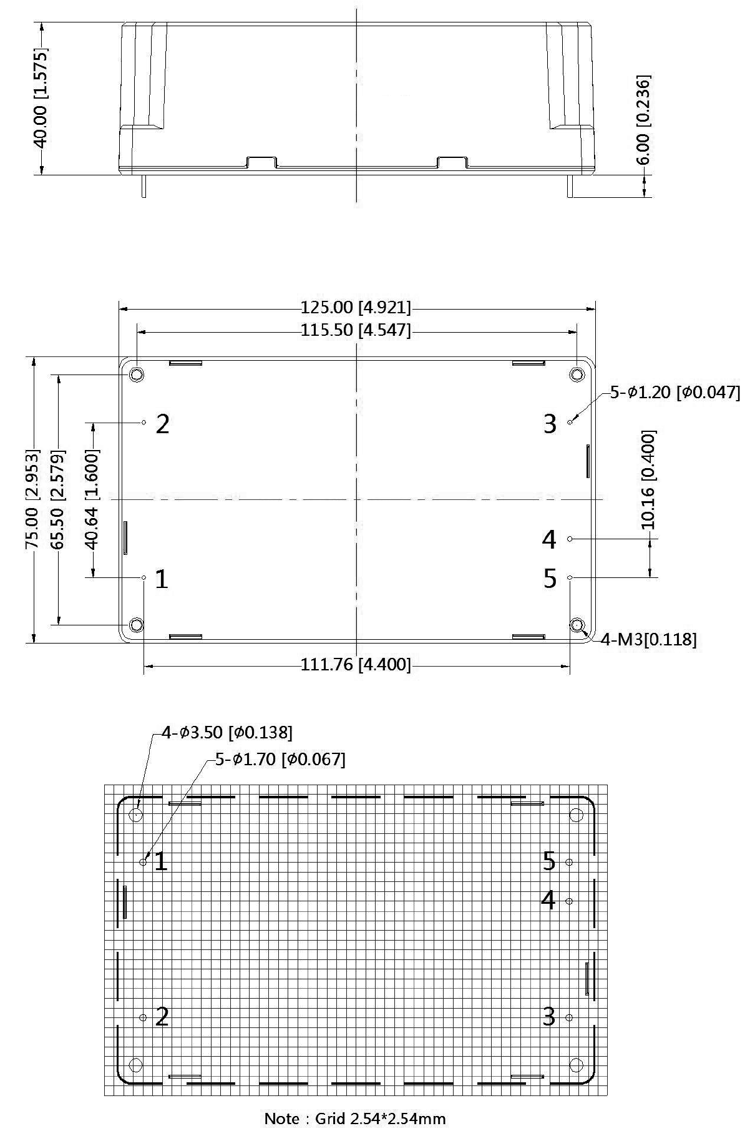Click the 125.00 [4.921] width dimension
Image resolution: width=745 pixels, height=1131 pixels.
(356, 308)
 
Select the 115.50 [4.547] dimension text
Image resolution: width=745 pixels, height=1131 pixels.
(356, 330)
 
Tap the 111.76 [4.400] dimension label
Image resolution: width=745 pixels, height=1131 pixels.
(356, 665)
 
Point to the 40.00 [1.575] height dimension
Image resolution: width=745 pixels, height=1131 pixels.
(41, 99)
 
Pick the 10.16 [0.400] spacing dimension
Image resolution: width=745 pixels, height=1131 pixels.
(649, 479)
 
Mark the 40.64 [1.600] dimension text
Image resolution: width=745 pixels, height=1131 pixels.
(92, 499)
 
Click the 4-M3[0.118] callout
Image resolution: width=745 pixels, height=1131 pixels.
(648, 639)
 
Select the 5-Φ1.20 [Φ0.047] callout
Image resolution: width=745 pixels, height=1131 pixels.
(674, 393)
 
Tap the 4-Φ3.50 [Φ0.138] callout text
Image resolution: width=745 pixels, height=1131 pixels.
(226, 732)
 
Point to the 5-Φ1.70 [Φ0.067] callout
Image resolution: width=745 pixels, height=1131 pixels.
(280, 759)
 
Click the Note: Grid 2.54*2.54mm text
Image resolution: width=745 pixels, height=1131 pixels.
(355, 1118)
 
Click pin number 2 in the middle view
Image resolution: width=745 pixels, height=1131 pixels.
(162, 424)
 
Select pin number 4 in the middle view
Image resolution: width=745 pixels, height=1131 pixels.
(549, 539)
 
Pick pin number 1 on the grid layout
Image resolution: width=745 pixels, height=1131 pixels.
(160, 862)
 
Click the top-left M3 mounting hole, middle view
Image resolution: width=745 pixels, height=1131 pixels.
(136, 375)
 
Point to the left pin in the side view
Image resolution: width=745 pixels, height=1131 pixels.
(144, 186)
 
